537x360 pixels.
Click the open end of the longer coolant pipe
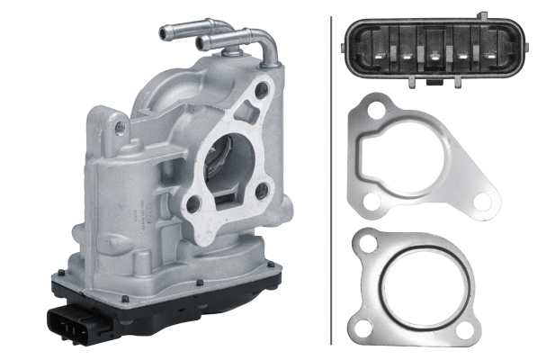164,32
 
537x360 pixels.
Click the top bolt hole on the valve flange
262,90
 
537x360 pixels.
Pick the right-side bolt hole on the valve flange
262,191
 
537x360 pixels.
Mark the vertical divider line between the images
331,180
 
